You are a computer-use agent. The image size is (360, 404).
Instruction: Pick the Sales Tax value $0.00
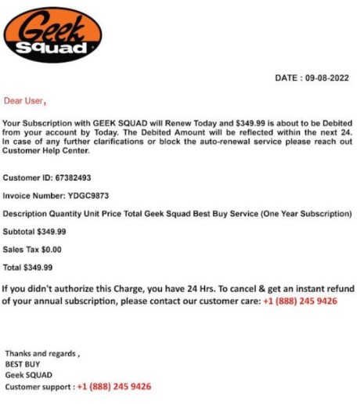(x=50, y=250)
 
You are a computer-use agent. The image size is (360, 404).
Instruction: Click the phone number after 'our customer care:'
(x=300, y=301)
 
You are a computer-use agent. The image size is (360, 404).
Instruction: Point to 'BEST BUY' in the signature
(x=22, y=364)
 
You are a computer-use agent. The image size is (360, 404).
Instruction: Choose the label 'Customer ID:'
(x=27, y=178)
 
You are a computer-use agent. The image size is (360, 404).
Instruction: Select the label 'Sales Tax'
(x=20, y=250)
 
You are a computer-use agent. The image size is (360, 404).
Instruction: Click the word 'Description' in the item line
(x=25, y=214)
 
